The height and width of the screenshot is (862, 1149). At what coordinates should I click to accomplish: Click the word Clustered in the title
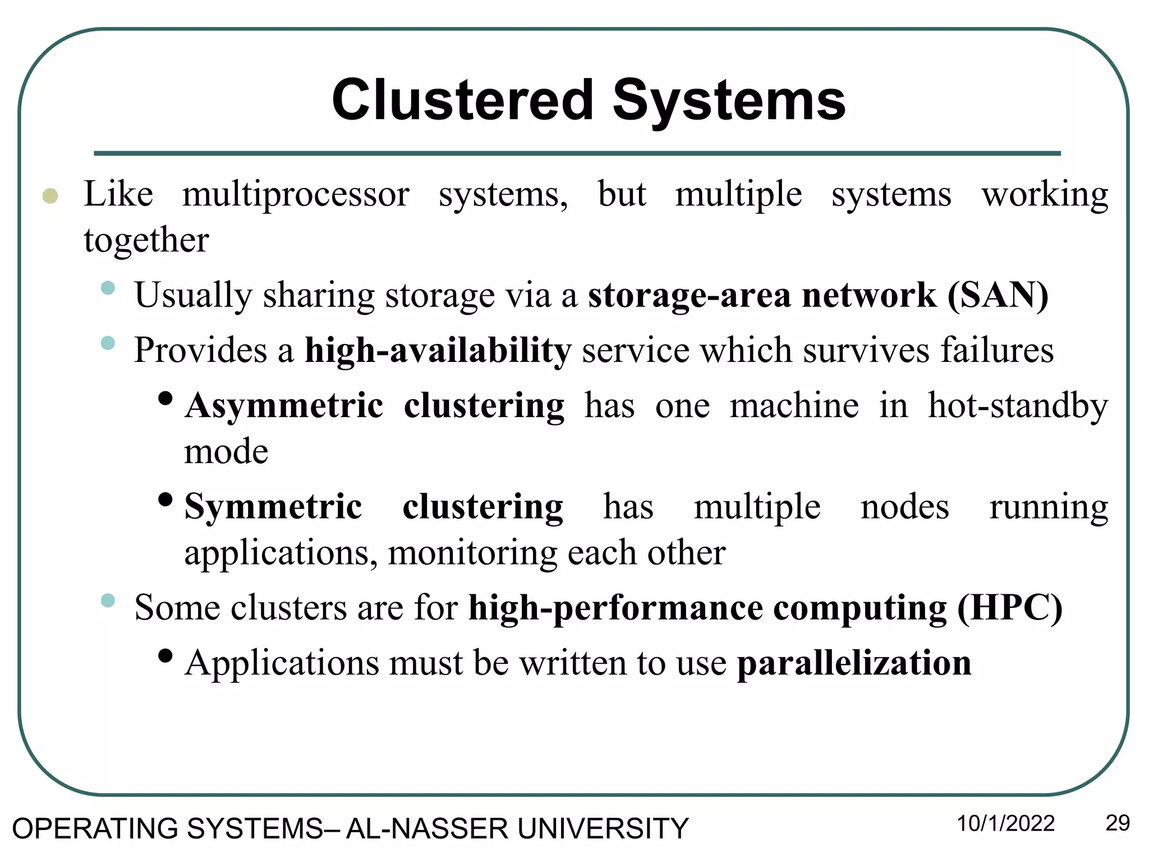[462, 100]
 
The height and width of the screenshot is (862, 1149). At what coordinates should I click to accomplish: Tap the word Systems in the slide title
[729, 100]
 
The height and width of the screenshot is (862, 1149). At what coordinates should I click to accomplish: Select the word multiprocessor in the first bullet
[296, 195]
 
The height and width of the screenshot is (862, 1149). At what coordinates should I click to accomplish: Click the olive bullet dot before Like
[50, 196]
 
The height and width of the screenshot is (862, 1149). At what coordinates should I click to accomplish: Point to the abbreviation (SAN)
[998, 295]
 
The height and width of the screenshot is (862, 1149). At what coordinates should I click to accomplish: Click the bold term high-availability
[438, 351]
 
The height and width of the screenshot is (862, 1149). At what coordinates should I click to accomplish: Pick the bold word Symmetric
[273, 507]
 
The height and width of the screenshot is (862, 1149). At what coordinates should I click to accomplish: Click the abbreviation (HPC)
[1009, 608]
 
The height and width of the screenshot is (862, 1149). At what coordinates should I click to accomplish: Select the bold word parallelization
[854, 663]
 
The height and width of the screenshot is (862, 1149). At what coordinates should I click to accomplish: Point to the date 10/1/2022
[1005, 824]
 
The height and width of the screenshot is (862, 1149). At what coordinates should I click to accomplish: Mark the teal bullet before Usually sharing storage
[108, 288]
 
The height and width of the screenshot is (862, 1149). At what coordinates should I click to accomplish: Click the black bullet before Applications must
[165, 655]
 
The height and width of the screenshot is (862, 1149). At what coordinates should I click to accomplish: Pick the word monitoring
[473, 553]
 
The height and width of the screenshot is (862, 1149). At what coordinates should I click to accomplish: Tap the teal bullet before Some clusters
[108, 601]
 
